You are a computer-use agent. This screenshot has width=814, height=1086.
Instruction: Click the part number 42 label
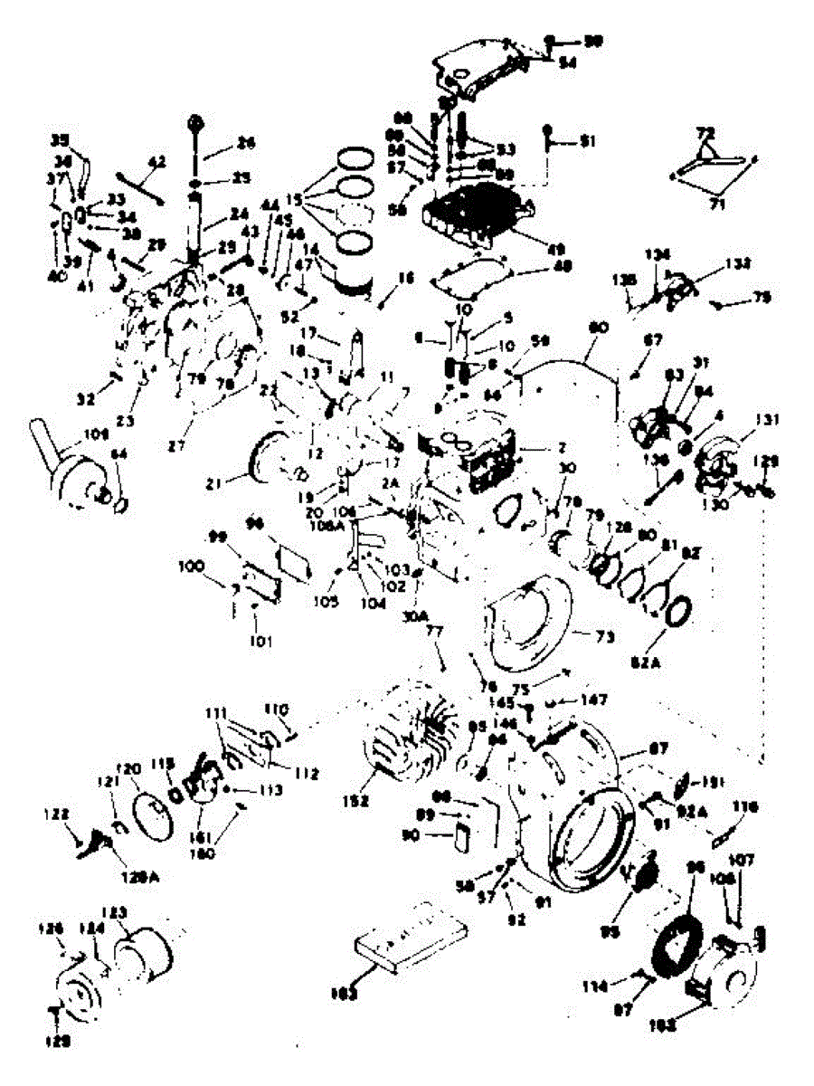157,160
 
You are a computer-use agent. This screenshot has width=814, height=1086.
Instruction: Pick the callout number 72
704,133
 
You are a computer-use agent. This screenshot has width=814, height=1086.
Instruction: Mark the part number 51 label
589,140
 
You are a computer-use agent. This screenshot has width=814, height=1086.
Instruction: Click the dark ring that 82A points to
679,613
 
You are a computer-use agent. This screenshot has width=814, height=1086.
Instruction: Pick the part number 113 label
271,789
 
